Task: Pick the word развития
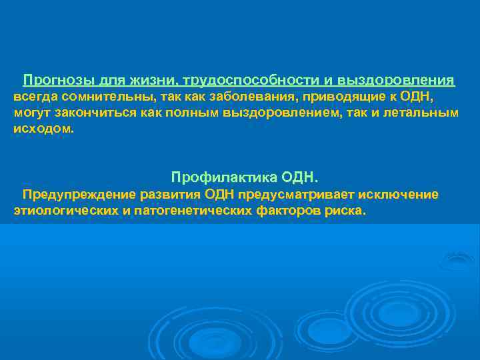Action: pos(170,195)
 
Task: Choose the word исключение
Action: pos(399,195)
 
